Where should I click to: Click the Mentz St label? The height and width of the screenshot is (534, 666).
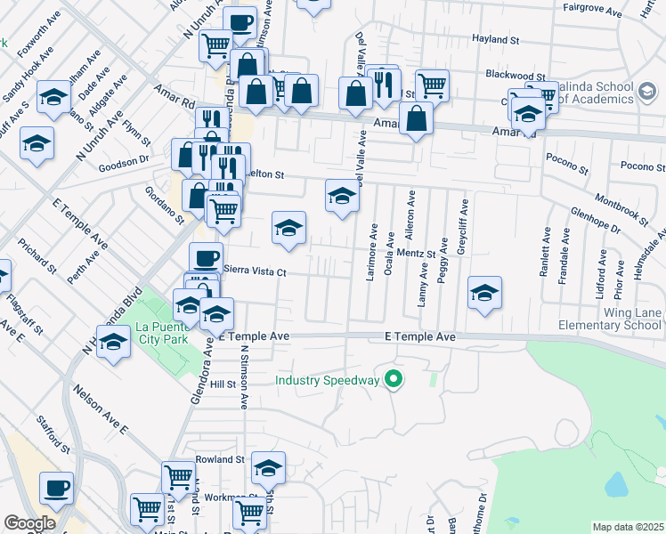tap(415, 254)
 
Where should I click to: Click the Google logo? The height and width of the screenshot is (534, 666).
tap(28, 523)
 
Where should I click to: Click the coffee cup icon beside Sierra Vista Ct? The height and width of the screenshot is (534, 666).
tap(206, 257)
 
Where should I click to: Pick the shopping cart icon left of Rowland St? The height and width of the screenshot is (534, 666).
tap(178, 477)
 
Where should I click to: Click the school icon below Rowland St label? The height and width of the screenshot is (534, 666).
tap(268, 467)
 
